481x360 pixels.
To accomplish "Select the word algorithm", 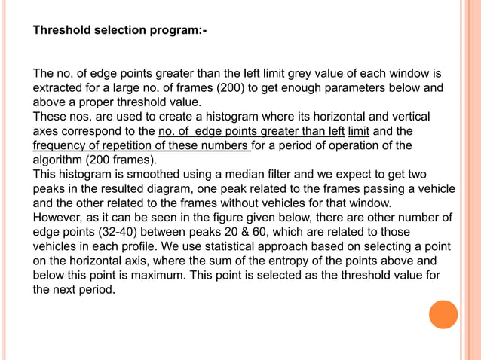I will pyautogui.click(x=60, y=160).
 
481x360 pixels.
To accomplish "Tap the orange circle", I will pyautogui.click(x=443, y=314).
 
